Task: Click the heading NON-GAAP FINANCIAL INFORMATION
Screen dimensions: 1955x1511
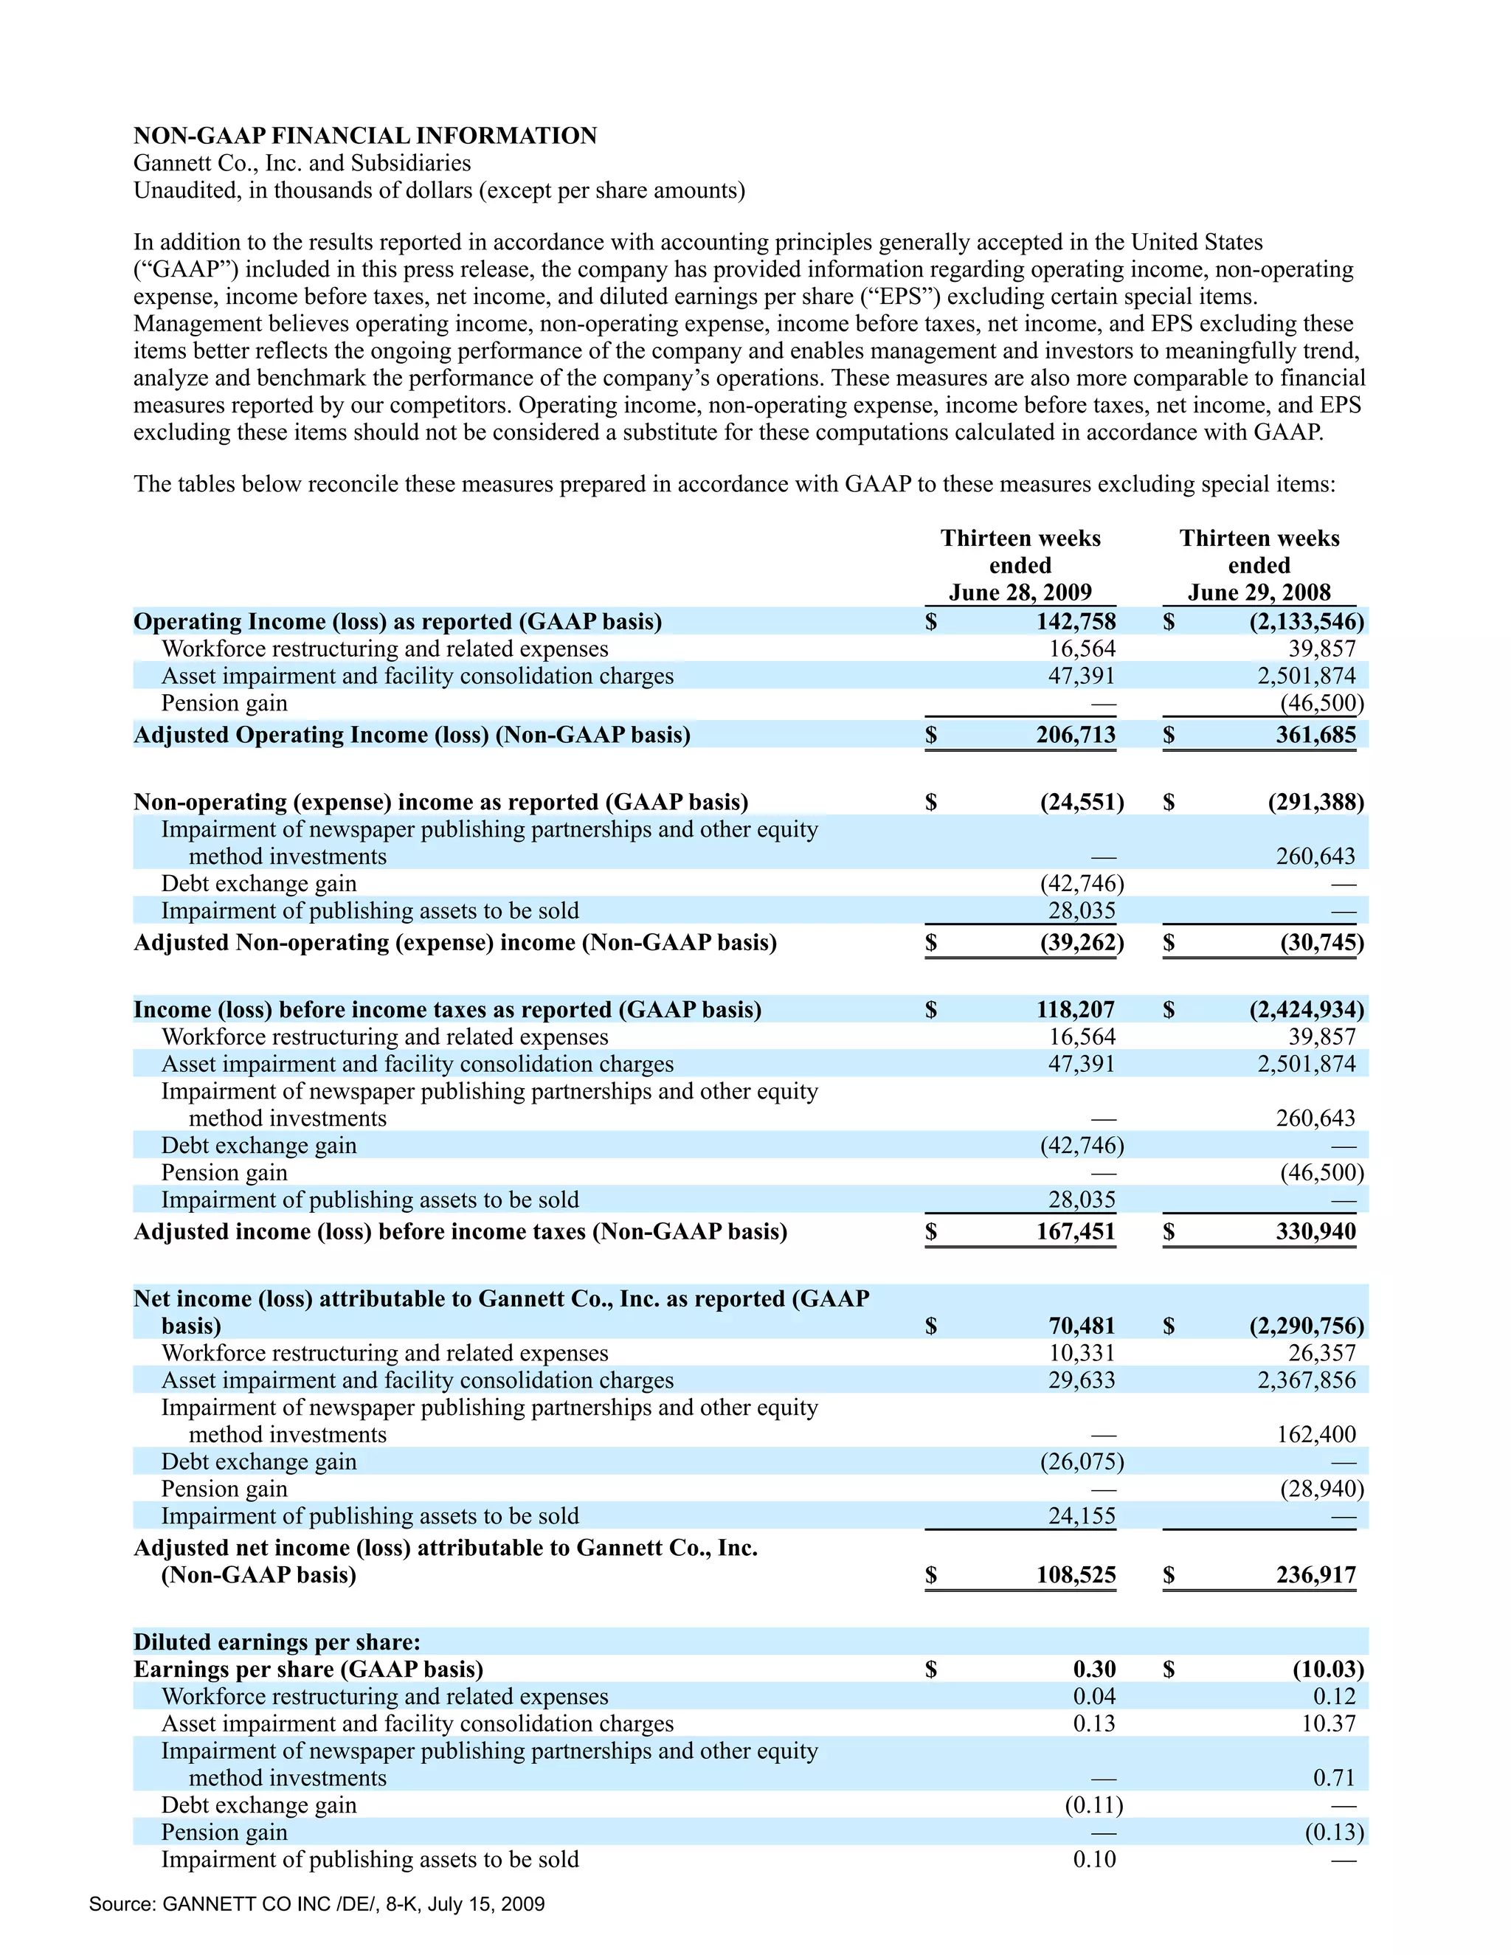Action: (364, 135)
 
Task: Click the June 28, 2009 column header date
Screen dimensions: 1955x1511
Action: (1020, 592)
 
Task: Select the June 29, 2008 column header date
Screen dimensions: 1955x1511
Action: (1259, 592)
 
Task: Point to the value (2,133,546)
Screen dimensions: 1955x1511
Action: (1306, 621)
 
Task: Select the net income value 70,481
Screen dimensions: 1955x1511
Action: (1082, 1326)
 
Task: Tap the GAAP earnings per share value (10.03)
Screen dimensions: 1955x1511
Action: (1327, 1669)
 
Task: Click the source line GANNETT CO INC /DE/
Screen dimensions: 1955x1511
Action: (316, 1904)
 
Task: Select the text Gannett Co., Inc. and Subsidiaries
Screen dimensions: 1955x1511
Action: (302, 163)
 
